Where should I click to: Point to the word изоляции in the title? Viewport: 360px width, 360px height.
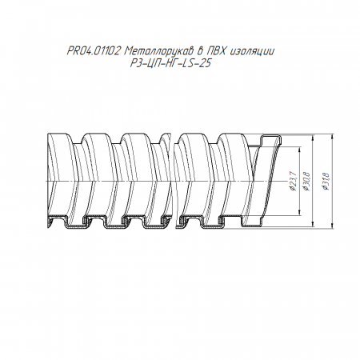(251, 51)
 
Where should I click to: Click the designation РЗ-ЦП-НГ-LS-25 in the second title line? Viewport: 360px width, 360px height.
(170, 63)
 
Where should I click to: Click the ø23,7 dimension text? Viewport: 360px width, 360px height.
(293, 182)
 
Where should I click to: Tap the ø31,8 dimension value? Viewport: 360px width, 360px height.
(326, 182)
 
